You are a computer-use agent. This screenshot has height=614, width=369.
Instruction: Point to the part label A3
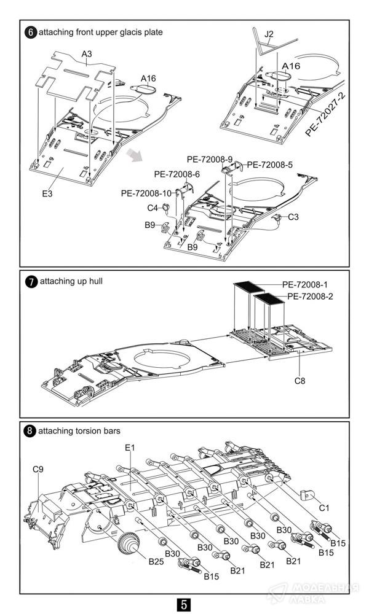(87, 55)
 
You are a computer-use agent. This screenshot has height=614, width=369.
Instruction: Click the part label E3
(47, 193)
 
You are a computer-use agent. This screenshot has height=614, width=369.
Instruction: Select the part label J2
(269, 34)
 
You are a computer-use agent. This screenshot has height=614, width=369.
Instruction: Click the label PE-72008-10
(146, 193)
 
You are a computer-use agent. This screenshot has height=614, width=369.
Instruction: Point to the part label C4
(153, 208)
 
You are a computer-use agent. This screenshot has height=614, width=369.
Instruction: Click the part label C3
(293, 217)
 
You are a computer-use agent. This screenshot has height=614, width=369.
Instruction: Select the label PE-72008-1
(304, 285)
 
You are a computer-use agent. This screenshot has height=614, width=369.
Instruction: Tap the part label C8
(300, 381)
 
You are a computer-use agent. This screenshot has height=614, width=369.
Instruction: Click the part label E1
(130, 449)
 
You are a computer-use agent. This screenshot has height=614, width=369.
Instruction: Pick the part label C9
(38, 470)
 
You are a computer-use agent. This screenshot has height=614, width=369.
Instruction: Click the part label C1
(324, 508)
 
